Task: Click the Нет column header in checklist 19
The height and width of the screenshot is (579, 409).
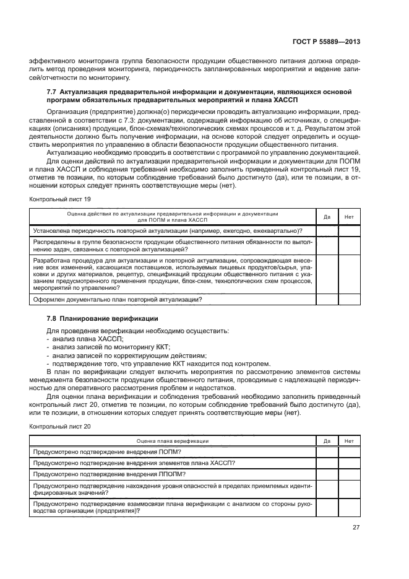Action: point(349,216)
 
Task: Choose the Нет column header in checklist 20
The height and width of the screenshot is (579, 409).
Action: point(349,441)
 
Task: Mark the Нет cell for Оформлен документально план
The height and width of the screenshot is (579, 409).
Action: point(349,300)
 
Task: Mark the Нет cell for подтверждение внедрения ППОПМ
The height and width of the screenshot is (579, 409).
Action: point(349,474)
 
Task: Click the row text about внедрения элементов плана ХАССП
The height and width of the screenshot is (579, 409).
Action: point(134,463)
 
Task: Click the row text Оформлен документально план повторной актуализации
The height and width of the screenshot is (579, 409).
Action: point(118,300)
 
